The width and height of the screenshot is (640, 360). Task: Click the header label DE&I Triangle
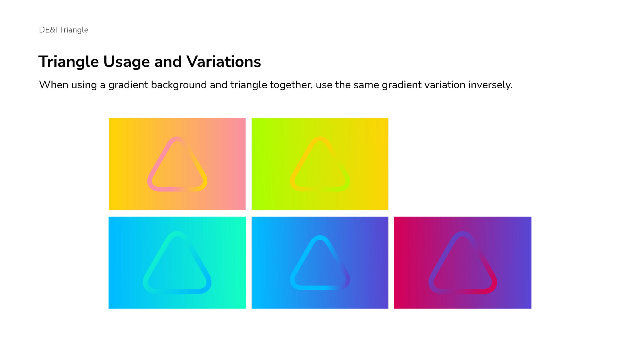(x=64, y=30)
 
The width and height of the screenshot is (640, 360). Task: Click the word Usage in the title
(x=127, y=62)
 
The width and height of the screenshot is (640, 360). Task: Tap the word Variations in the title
(x=224, y=62)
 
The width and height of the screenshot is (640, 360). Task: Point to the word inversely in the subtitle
(x=490, y=85)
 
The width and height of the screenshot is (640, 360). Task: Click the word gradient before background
(x=128, y=85)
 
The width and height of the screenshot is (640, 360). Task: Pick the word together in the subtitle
(x=291, y=85)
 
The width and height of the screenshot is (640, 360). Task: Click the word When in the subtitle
(x=54, y=85)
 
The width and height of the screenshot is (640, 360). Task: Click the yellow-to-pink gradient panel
(x=177, y=164)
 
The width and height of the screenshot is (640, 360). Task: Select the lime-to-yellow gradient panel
(x=320, y=164)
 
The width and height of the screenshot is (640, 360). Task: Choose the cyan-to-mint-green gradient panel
(x=177, y=263)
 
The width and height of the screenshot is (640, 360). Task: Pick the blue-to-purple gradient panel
(x=320, y=263)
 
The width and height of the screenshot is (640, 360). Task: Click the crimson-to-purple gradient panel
(x=463, y=263)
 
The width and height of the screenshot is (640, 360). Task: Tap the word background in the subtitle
(x=179, y=85)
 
